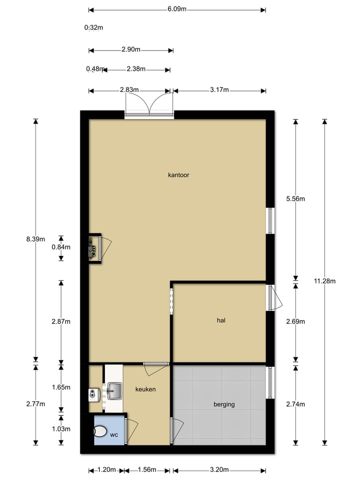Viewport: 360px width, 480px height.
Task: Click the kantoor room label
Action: point(178,175)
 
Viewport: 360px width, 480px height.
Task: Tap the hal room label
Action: point(221,320)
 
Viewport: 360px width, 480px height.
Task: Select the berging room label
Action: point(223,404)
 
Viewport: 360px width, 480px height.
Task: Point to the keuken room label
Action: point(145,388)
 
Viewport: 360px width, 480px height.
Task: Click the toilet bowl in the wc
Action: point(100,431)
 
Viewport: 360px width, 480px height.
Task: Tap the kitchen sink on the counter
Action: point(114,388)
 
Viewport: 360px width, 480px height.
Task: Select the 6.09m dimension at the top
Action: point(177,9)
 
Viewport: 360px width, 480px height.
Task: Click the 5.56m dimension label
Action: point(295,198)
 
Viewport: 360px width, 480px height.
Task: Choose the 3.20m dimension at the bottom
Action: point(219,470)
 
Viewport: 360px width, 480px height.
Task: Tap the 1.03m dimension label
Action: point(61,429)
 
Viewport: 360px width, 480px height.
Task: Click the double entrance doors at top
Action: point(148,105)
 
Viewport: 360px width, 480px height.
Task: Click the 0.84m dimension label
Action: point(61,247)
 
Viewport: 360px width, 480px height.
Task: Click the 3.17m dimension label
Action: point(219,90)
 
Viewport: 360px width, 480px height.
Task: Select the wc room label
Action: point(114,434)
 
